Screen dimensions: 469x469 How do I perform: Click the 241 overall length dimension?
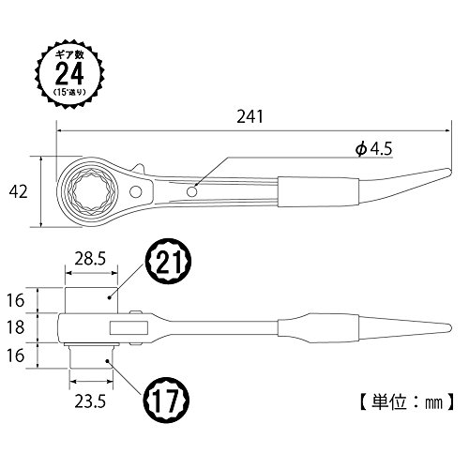pos(250,116)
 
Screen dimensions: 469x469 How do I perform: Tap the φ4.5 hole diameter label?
pos(373,149)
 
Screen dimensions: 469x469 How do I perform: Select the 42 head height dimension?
pos(18,191)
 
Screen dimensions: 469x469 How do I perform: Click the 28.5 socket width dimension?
pos(90,259)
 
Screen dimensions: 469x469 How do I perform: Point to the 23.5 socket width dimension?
pos(90,401)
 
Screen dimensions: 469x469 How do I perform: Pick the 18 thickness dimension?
pos(15,327)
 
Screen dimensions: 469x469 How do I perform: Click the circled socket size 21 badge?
pos(168,262)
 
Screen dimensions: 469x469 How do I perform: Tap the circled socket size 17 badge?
pos(166,400)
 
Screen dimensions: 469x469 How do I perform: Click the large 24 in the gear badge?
pos(69,74)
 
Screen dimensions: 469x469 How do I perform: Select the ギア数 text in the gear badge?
pos(69,55)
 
